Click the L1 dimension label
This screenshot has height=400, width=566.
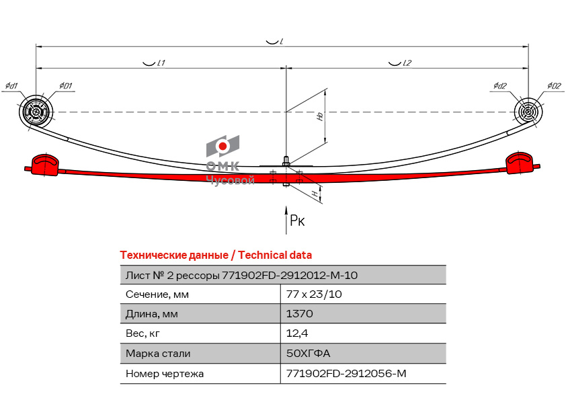tap(161, 63)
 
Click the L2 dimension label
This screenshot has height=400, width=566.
tap(407, 63)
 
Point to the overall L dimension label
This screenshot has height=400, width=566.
tap(281, 42)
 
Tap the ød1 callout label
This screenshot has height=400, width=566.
tap(11, 86)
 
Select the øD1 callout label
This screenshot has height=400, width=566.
tap(66, 85)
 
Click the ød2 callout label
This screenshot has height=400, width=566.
tap(500, 85)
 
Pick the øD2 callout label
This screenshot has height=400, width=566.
tap(554, 85)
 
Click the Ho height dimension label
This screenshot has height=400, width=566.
tap(320, 116)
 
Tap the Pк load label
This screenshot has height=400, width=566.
tap(297, 221)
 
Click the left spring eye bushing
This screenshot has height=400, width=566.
tap(36, 112)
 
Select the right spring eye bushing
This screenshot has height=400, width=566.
tap(528, 112)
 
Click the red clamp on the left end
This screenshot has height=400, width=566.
tap(45, 165)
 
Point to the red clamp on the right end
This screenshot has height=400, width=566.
tap(520, 163)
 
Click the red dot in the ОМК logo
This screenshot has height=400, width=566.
tap(223, 146)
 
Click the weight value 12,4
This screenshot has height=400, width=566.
tap(297, 333)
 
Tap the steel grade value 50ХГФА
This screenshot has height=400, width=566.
tap(308, 353)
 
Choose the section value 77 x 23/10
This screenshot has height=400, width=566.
tap(314, 294)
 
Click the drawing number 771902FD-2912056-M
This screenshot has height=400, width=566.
tap(346, 373)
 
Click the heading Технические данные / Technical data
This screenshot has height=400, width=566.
tap(216, 255)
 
